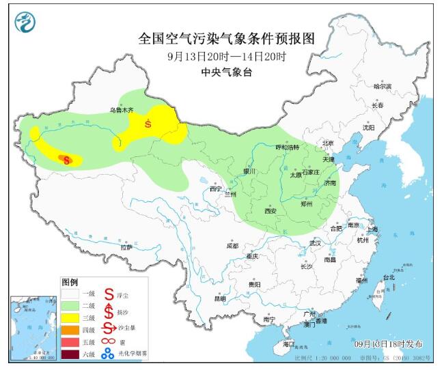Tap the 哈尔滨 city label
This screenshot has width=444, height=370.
pos(383,87)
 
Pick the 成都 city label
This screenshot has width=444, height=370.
pos(232,246)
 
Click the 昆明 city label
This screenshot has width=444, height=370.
pos(219,298)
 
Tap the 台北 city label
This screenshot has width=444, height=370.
pos(388,278)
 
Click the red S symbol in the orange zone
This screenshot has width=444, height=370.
pos(66,160)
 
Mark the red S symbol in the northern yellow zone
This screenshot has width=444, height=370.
pos(148,124)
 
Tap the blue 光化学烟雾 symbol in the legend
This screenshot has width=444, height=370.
pos(108,353)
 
